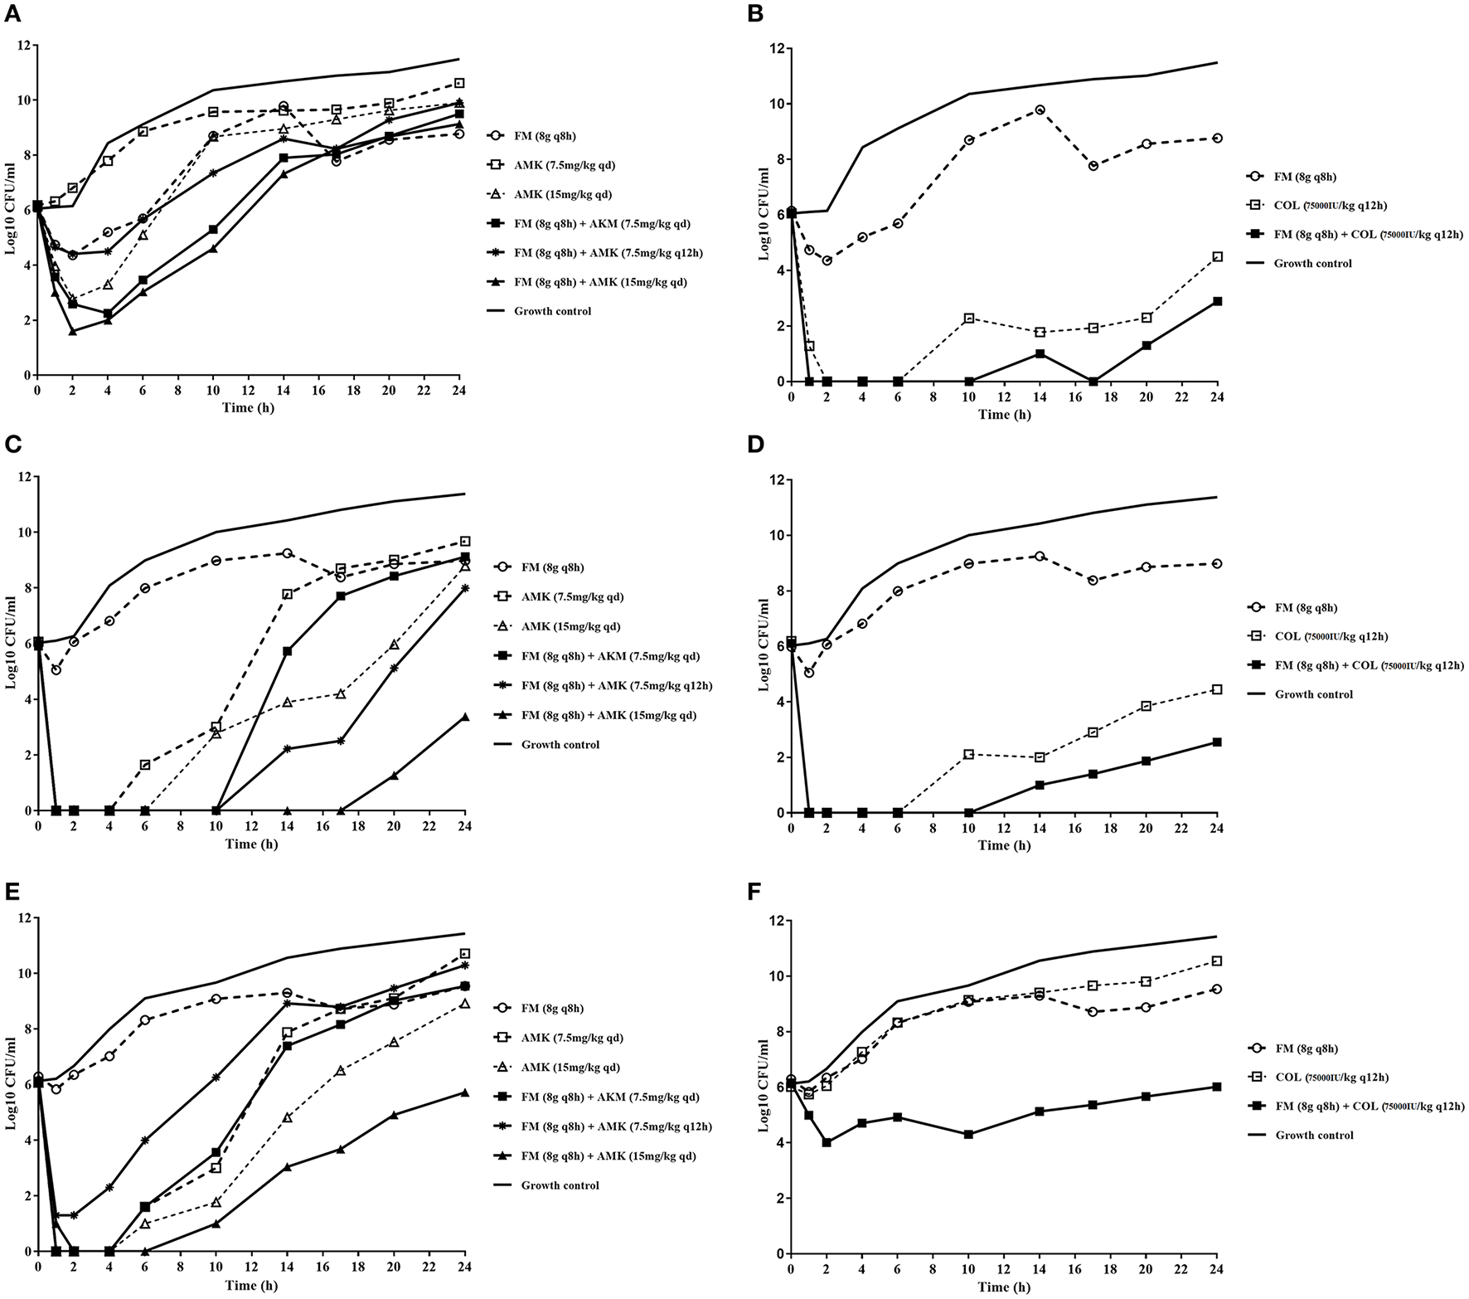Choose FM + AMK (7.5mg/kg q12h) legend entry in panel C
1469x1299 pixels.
click(x=613, y=685)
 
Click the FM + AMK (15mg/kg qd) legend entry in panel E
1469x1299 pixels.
click(x=604, y=1155)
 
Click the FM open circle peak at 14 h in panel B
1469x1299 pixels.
click(x=1040, y=109)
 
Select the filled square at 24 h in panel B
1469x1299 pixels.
click(x=1217, y=301)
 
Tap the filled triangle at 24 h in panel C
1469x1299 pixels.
click(x=465, y=717)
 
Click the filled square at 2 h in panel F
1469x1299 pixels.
click(x=827, y=1143)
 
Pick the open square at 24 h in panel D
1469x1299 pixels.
click(x=1217, y=689)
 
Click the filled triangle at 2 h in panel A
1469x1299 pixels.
click(x=73, y=332)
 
